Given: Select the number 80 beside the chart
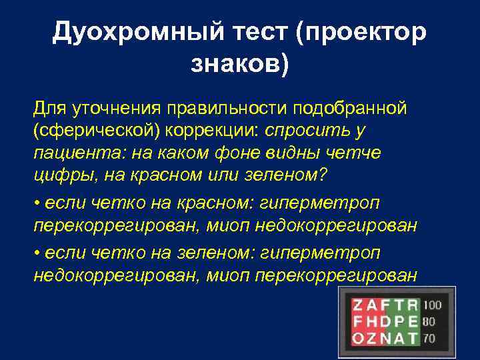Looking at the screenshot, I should coord(429,321).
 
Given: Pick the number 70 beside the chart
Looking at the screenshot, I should coord(429,338).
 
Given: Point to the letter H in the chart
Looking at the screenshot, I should coord(371,322).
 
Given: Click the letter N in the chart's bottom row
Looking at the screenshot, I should coord(385,338).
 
